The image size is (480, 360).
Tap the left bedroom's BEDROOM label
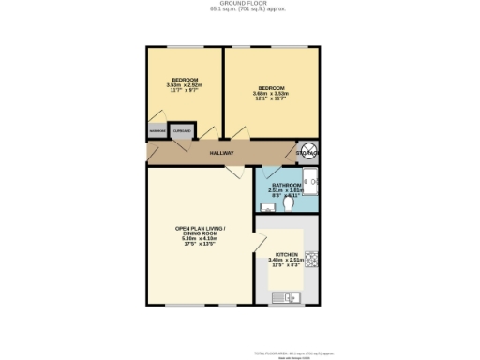point(184,79)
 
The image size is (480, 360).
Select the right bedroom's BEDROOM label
point(271,88)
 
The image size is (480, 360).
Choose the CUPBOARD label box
point(182,132)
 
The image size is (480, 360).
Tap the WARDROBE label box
point(156,132)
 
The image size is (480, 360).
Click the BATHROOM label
point(286,186)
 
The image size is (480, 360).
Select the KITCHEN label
point(287,254)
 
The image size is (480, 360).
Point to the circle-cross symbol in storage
point(311,150)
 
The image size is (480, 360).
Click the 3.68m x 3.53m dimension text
point(271,94)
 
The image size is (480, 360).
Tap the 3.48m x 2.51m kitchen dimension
point(287,260)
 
